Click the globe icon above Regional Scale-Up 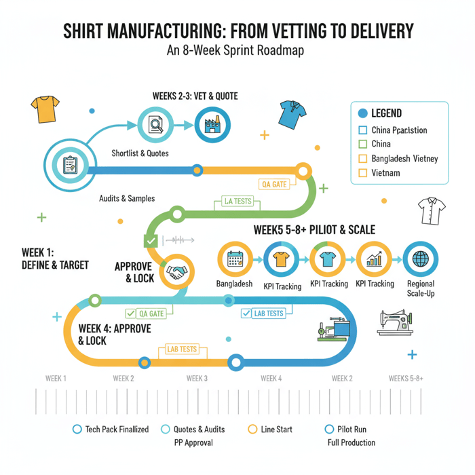(420, 259)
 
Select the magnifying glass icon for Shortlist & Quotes (157, 125)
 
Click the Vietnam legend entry (386, 173)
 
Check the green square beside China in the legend (362, 144)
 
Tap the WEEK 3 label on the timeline (197, 379)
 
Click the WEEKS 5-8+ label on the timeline (406, 379)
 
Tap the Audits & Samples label (127, 198)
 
